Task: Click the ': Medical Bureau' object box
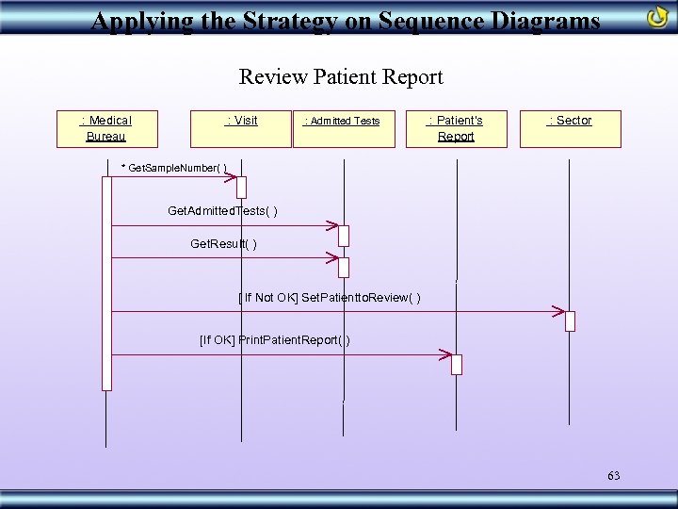pyautogui.click(x=107, y=128)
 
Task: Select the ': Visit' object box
pyautogui.click(x=241, y=128)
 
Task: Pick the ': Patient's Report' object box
pyautogui.click(x=456, y=128)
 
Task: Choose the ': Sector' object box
pyautogui.click(x=570, y=128)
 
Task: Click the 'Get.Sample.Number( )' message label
pyautogui.click(x=174, y=168)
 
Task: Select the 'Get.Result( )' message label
pyautogui.click(x=223, y=244)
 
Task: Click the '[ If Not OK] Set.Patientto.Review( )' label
pyautogui.click(x=330, y=298)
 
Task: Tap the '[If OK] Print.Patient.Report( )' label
pyautogui.click(x=275, y=339)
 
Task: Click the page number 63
pyautogui.click(x=613, y=476)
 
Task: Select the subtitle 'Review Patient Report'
pyautogui.click(x=340, y=76)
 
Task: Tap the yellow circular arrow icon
pyautogui.click(x=658, y=17)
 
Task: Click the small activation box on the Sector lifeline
pyautogui.click(x=570, y=320)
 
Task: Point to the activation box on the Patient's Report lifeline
pyautogui.click(x=457, y=364)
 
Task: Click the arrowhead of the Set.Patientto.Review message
pyautogui.click(x=558, y=311)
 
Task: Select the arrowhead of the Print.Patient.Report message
pyautogui.click(x=445, y=355)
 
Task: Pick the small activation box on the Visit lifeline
pyautogui.click(x=241, y=187)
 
